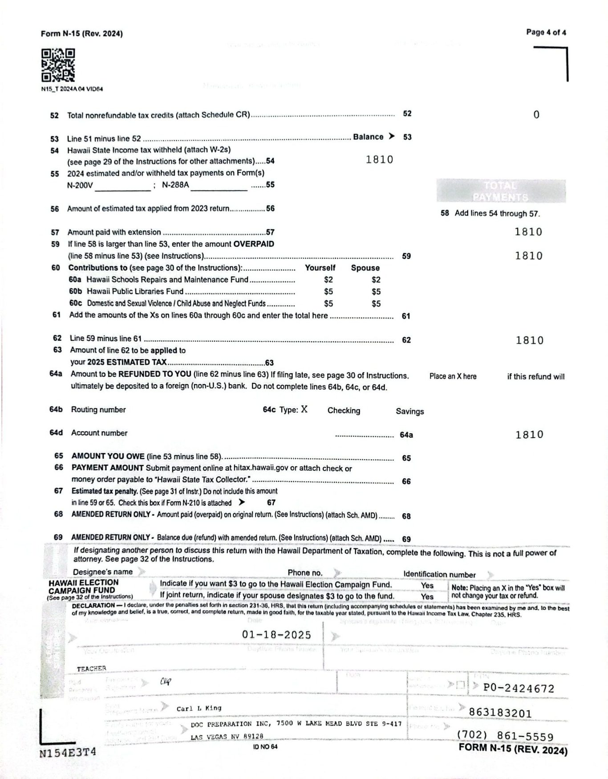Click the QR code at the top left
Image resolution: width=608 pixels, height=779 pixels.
58,65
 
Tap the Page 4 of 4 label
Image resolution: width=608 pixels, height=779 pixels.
546,32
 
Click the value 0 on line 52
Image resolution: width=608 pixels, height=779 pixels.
536,115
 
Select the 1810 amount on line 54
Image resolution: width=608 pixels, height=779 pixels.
379,160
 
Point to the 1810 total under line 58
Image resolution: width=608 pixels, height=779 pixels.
528,232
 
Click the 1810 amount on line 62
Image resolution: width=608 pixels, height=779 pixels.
529,341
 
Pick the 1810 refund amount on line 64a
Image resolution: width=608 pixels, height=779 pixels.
529,435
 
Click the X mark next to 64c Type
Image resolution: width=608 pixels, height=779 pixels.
304,410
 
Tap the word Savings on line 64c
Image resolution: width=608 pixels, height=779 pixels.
409,411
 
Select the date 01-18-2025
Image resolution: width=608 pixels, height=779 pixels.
276,635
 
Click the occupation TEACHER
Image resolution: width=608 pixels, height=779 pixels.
92,669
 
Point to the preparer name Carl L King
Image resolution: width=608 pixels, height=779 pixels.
199,708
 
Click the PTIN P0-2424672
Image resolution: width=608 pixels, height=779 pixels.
519,689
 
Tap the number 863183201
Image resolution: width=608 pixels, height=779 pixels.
500,713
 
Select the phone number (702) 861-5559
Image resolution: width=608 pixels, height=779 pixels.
505,737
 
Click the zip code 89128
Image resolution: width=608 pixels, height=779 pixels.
253,737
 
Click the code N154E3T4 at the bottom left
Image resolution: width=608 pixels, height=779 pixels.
68,752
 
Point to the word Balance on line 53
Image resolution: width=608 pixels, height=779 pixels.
368,137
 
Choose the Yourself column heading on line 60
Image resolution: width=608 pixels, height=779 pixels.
320,268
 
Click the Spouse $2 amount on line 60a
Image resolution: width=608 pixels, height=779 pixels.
376,280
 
